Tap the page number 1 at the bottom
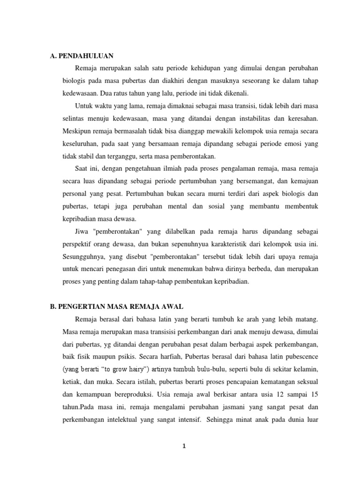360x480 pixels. coord(185,446)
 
